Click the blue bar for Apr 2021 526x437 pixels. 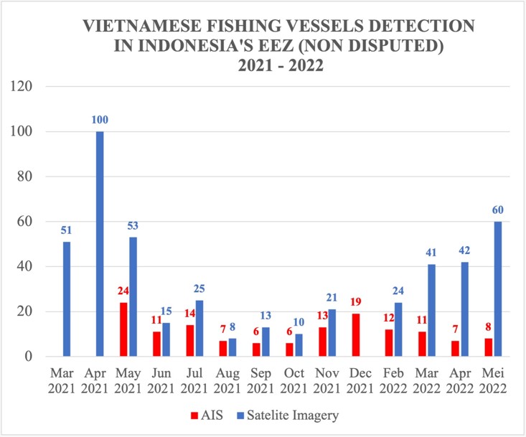coord(100,244)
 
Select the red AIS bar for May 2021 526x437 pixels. coord(123,329)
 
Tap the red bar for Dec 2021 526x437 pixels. coord(356,335)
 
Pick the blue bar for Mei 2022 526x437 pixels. coord(497,289)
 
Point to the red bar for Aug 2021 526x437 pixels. coord(223,349)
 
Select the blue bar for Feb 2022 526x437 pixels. coord(398,329)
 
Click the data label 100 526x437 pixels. coord(100,119)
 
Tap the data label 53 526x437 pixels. coord(133,226)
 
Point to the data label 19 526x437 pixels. coord(357,302)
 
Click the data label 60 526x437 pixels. coord(497,210)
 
